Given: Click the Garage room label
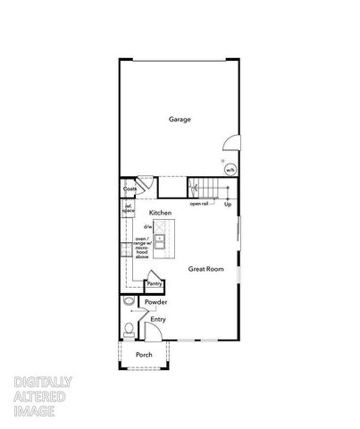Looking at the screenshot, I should pos(180,119).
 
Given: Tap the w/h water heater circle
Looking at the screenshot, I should pos(230,168).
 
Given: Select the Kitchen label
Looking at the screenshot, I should pos(160,212).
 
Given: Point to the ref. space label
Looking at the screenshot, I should pos(129,209).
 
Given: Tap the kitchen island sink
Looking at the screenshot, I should pos(161,240).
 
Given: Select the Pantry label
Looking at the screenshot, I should pos(154,284).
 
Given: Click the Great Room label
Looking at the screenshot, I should pos(205,268).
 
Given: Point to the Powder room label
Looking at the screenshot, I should pos(157,302).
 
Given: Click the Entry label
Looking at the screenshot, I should pos(158,319).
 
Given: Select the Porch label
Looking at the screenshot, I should pos(143,355).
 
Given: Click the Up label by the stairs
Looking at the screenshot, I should pos(228,204).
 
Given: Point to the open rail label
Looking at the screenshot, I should pos(199,204).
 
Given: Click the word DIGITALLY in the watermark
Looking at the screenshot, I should pos(43,383).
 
